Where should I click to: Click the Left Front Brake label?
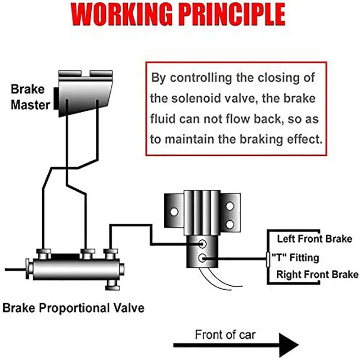(314, 239)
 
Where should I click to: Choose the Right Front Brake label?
(317, 274)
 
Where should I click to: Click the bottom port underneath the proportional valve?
(111, 284)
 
